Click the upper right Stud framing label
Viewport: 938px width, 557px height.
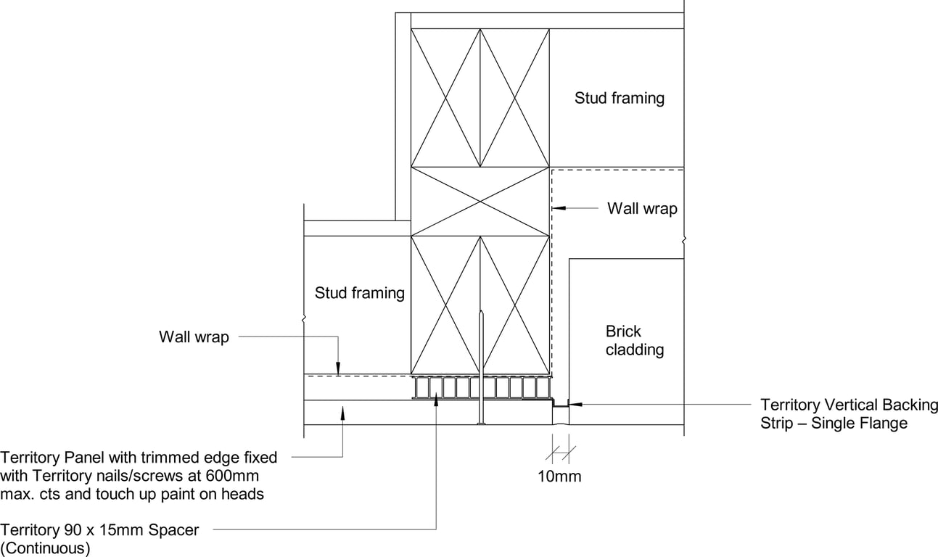(619, 98)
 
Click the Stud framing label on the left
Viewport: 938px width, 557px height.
(359, 293)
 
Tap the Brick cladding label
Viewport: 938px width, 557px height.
(634, 340)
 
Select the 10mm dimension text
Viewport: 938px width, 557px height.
(559, 476)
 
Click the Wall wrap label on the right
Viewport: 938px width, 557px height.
(642, 209)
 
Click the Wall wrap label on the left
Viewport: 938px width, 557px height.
(194, 337)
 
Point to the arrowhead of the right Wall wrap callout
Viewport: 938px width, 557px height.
(556, 208)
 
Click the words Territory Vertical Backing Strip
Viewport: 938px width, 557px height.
(849, 405)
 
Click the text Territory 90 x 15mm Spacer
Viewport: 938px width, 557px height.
(99, 530)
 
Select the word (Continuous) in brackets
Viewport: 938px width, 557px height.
(45, 548)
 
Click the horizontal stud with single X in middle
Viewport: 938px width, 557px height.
(480, 202)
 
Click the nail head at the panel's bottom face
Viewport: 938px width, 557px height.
(480, 424)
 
